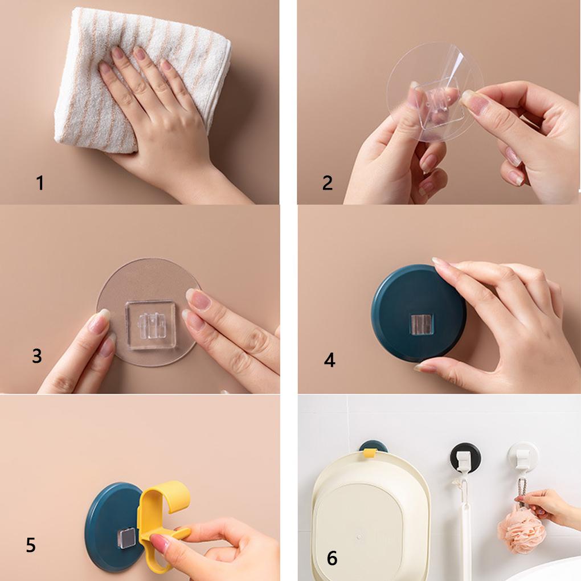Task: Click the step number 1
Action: [x=40, y=183]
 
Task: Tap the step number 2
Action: [x=328, y=183]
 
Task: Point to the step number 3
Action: [x=37, y=355]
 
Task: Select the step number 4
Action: [x=329, y=360]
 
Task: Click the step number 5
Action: [x=31, y=545]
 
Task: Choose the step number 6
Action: [x=332, y=558]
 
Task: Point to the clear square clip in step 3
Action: [x=151, y=325]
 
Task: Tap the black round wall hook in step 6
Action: [x=466, y=457]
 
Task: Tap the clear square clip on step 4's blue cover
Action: [x=422, y=324]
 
